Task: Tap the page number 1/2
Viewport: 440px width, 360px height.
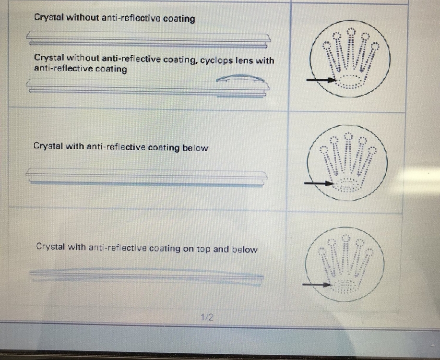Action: (x=207, y=317)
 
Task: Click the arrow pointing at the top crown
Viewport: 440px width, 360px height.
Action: (x=321, y=80)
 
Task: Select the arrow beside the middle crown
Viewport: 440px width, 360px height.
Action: (x=319, y=183)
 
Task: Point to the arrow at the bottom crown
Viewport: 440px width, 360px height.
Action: (x=317, y=285)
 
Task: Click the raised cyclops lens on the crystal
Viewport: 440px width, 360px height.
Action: (x=240, y=78)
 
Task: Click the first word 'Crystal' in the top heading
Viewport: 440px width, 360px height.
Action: (x=49, y=17)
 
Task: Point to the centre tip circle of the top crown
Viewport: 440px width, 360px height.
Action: (x=351, y=32)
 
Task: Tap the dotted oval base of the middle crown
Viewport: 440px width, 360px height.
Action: (x=347, y=186)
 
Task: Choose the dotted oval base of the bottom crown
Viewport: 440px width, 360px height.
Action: (x=345, y=287)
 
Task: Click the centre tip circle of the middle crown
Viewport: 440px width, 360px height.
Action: (x=348, y=136)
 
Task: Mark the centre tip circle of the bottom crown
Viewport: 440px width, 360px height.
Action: (x=346, y=238)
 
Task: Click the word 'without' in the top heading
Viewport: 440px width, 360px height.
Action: (x=83, y=18)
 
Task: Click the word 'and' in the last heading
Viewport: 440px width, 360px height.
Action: (x=221, y=249)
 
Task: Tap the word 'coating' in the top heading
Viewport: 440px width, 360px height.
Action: (x=179, y=19)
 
